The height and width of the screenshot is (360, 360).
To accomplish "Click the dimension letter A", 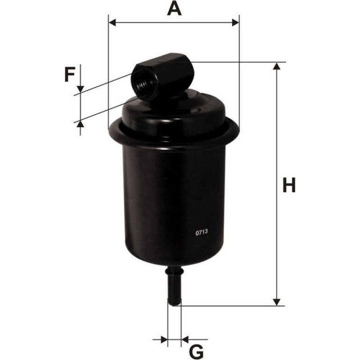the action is point(174,8).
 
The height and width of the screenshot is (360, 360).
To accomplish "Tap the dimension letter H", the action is point(289,185).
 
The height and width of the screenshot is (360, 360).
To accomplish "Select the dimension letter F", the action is point(70,74).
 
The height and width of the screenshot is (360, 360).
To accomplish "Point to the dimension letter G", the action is point(196,352).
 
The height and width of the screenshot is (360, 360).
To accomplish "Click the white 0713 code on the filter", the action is point(202,232).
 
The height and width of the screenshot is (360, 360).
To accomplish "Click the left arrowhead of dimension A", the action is point(112,23).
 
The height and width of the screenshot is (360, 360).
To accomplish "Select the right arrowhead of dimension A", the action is point(236,23).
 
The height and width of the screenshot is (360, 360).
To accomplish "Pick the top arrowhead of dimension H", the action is point(277,66).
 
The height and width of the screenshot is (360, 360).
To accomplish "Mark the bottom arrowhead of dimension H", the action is point(277,302).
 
